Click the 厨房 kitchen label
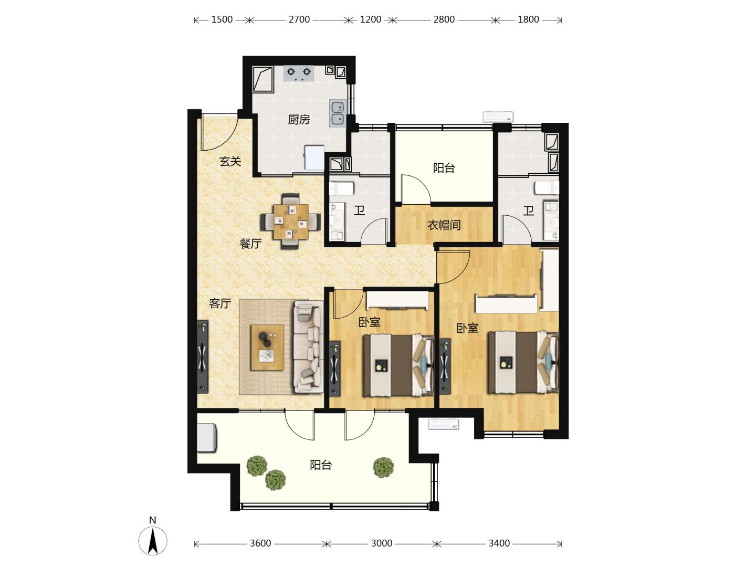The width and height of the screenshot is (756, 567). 299,120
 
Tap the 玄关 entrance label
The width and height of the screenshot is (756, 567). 230,161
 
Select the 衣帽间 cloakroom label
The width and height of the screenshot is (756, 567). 444,226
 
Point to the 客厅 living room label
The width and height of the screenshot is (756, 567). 220,303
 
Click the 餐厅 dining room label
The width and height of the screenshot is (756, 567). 251,244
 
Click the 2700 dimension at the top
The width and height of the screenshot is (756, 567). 299,19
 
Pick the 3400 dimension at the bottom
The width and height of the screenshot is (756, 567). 499,543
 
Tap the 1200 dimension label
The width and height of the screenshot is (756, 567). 371,19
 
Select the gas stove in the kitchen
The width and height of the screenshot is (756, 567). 299,73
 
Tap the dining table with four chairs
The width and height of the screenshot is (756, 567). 291,222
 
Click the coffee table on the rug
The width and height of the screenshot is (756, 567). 267,348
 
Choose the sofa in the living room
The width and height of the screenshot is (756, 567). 309,346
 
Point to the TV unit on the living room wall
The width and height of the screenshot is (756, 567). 203,357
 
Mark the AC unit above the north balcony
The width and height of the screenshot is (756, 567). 498,117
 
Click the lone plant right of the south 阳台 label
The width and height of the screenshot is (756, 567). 384,467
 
